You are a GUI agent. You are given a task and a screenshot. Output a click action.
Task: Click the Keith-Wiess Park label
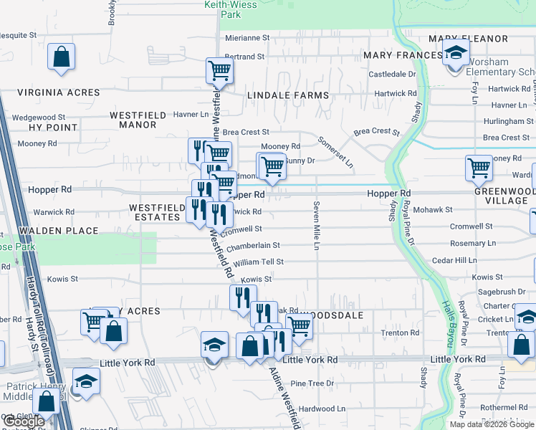[x=220, y=9]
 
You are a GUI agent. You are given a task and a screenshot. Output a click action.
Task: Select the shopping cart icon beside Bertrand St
[x=219, y=71]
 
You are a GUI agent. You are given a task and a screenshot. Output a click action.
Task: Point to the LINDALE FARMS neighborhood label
[x=287, y=95]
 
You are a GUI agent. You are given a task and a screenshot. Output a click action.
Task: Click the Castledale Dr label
[x=392, y=74]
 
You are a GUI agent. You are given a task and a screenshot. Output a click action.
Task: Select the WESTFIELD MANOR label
[x=133, y=120]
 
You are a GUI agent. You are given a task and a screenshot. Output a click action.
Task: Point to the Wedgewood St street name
[x=38, y=117]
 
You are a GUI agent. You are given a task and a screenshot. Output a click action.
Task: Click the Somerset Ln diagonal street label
[x=335, y=151]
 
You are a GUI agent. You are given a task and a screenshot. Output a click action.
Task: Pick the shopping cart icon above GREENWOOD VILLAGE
[x=479, y=169]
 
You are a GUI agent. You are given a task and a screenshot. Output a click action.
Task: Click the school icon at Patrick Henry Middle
[x=86, y=381]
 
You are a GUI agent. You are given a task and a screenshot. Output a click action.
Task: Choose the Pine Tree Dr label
[x=312, y=383]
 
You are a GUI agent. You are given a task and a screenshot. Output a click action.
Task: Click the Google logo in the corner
[x=24, y=422]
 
